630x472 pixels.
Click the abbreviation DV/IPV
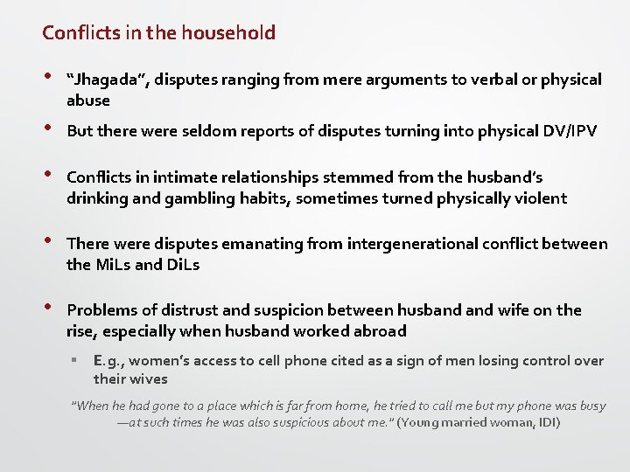tap(558, 131)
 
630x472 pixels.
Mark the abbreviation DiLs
tap(182, 264)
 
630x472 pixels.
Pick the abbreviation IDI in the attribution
tap(543, 423)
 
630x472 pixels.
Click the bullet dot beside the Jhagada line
tap(47, 77)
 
